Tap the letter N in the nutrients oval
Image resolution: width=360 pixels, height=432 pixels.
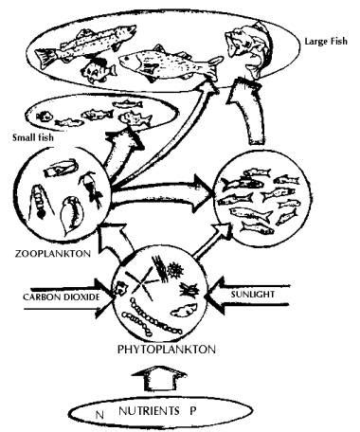[96, 413]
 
